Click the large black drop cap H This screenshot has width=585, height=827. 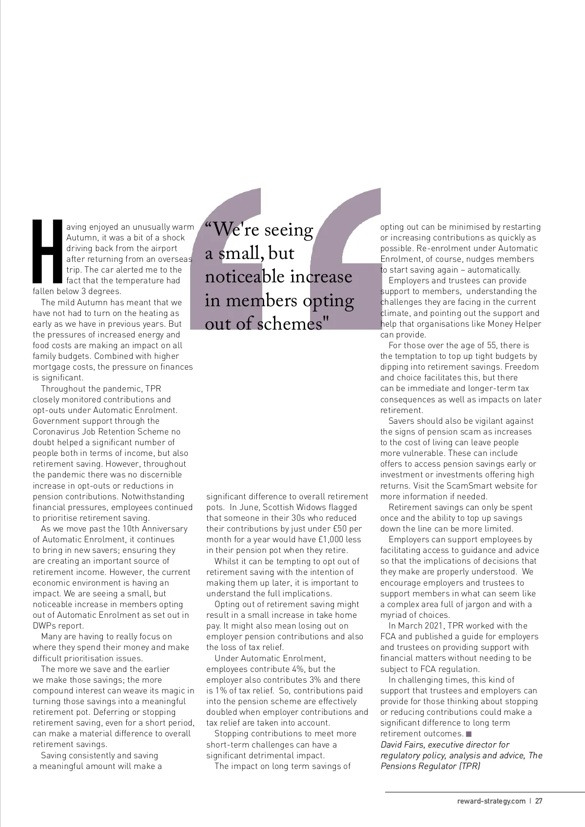pyautogui.click(x=48, y=251)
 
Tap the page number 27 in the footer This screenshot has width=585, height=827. pyautogui.click(x=539, y=801)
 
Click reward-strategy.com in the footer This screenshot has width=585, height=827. pyautogui.click(x=491, y=801)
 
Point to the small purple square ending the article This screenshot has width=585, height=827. pyautogui.click(x=469, y=734)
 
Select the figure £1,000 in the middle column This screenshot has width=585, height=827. pyautogui.click(x=331, y=540)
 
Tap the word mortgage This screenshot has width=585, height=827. pyautogui.click(x=51, y=367)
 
